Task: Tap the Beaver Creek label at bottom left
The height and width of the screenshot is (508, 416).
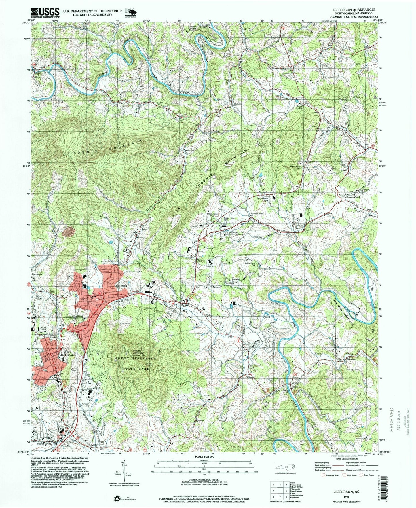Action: point(44,444)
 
